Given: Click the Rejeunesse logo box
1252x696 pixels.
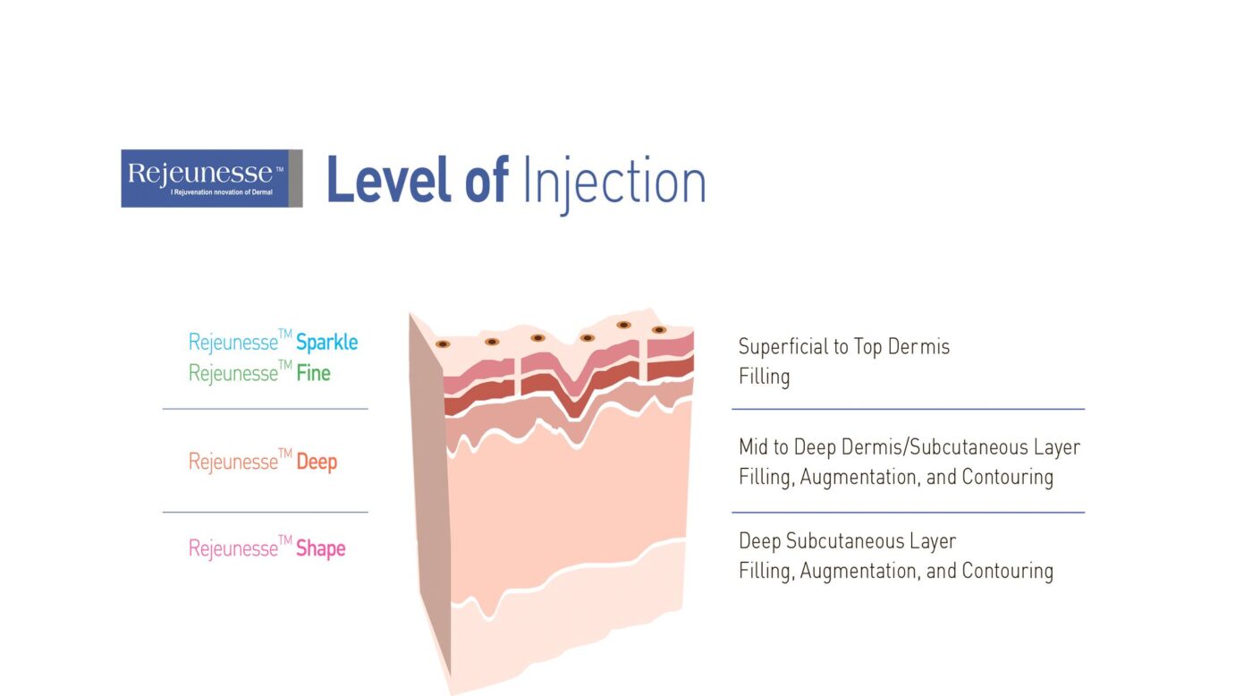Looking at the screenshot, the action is [212, 178].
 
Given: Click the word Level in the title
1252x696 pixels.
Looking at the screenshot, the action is [388, 180].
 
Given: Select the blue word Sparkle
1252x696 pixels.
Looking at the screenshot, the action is [326, 342].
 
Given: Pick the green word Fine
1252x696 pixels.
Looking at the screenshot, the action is [313, 373].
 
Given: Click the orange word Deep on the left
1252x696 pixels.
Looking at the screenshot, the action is [317, 463].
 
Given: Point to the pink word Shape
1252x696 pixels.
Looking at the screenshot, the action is [320, 548].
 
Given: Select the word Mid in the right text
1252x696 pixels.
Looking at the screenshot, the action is [753, 447].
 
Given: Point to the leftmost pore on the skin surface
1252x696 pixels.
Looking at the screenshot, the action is [443, 344].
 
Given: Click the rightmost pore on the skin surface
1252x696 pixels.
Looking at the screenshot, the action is [660, 330].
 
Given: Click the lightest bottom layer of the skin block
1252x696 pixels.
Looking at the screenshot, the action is [564, 621].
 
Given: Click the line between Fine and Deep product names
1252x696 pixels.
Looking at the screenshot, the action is [265, 409].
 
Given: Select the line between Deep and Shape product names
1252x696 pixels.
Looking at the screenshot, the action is [265, 512].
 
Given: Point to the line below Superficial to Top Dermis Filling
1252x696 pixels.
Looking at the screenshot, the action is [909, 409].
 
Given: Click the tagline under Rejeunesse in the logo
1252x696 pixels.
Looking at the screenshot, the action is [222, 192].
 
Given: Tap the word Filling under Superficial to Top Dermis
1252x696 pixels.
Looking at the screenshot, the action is [764, 377].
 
